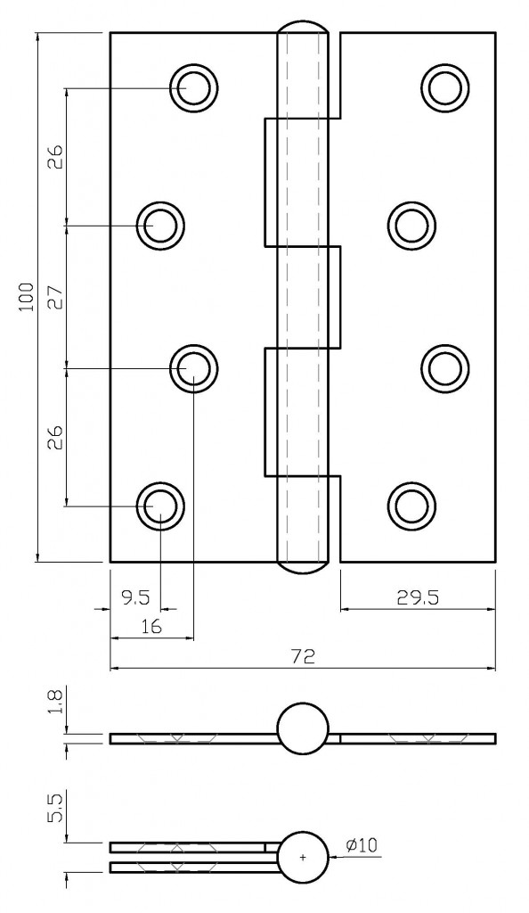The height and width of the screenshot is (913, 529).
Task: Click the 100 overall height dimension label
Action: click(26, 297)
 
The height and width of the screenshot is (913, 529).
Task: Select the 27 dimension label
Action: click(55, 297)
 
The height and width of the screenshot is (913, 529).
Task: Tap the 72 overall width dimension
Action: click(303, 657)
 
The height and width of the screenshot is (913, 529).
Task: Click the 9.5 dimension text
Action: click(134, 598)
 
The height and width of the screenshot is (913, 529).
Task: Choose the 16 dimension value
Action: click(151, 627)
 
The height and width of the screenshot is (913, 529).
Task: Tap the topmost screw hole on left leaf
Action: click(195, 88)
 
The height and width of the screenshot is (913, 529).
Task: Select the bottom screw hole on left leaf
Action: click(160, 505)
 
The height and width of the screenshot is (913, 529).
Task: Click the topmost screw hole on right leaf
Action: click(444, 87)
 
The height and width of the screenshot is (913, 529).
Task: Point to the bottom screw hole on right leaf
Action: click(411, 505)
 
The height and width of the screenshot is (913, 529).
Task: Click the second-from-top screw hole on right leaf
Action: click(411, 226)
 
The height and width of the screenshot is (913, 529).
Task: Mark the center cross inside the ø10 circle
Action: click(303, 857)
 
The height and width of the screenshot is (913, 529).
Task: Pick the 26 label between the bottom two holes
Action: click(55, 437)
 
